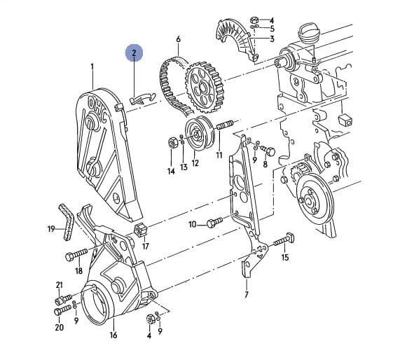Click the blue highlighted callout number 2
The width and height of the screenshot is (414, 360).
(x=134, y=53)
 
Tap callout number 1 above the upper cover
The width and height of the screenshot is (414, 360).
(x=92, y=67)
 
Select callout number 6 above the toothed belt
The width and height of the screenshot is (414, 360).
(x=178, y=39)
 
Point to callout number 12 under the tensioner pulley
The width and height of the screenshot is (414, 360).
(x=195, y=163)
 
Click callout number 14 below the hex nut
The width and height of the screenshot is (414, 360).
(x=171, y=172)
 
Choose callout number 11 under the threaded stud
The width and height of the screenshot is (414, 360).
(x=219, y=155)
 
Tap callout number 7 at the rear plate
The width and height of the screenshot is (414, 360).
(x=247, y=295)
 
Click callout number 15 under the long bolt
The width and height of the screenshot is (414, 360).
(x=285, y=257)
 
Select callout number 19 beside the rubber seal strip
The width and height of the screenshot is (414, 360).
(x=51, y=229)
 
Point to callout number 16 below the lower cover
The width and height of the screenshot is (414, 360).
(x=113, y=335)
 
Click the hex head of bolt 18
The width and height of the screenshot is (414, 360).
(x=69, y=256)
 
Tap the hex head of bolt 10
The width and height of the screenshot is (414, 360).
(x=212, y=224)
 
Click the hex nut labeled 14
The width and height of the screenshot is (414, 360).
(x=172, y=143)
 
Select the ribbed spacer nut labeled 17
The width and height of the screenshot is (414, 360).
(x=139, y=230)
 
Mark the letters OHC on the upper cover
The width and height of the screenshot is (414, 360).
(x=97, y=110)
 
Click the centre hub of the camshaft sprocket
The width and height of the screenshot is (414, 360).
(x=203, y=86)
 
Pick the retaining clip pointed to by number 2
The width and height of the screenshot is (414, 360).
(x=143, y=99)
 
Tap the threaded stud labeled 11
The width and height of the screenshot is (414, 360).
(x=225, y=125)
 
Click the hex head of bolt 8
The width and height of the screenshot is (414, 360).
(x=270, y=151)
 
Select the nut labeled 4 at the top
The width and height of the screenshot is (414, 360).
(x=254, y=20)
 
